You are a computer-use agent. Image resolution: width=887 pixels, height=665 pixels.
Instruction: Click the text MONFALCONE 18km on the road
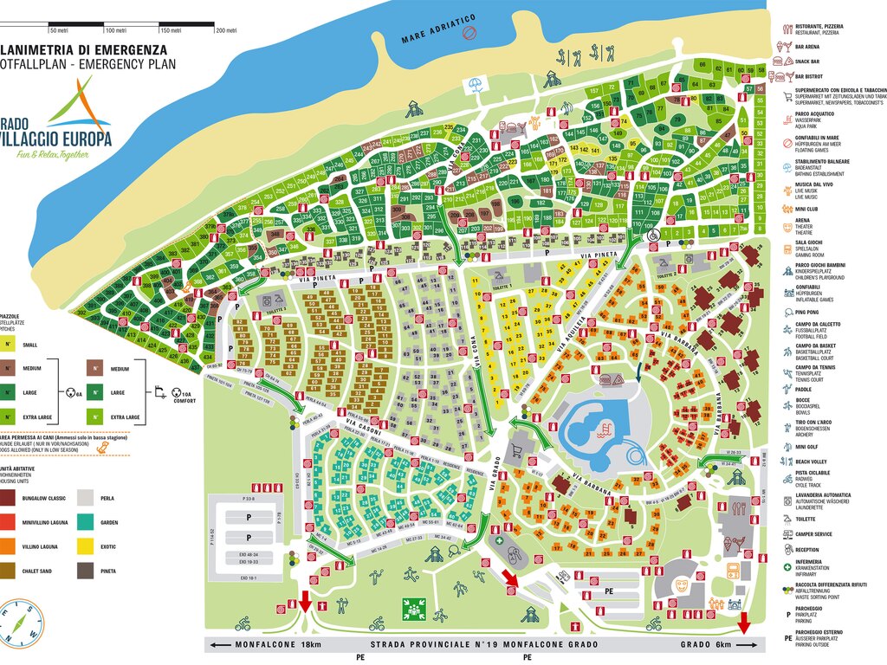pos(268,645)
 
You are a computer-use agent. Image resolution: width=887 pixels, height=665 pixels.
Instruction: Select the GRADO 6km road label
pos(704,645)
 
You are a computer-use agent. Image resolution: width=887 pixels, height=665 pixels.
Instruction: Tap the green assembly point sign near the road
pos(409,609)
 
